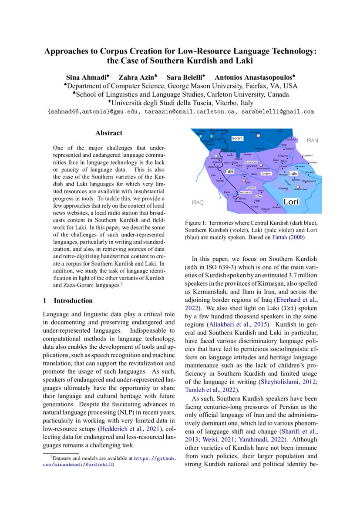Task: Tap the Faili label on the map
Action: click(229, 172)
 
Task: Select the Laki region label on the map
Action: click(293, 173)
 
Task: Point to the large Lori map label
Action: click(290, 202)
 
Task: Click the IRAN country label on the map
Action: click(312, 140)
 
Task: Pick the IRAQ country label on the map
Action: click(198, 203)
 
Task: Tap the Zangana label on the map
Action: click(266, 173)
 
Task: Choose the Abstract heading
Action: click(108, 133)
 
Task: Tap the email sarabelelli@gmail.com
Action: click(278, 111)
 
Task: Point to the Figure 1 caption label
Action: click(199, 222)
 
